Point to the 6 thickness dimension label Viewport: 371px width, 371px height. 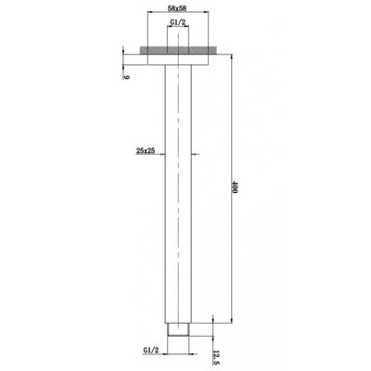pos(126,79)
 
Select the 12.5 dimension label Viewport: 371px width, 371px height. pos(217,352)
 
